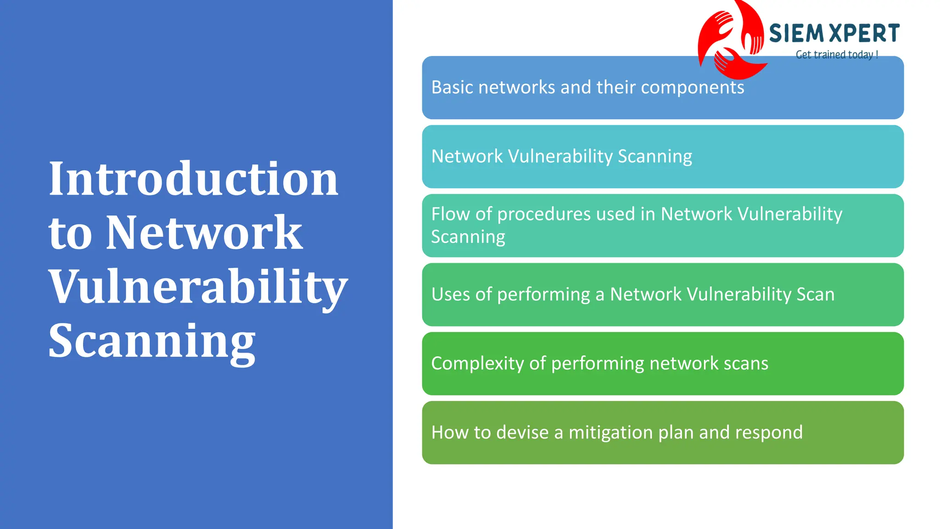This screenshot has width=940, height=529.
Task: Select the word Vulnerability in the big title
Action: point(198,287)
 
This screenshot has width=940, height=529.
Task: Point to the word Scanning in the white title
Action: point(152,341)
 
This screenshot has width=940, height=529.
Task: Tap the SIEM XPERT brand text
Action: point(834,34)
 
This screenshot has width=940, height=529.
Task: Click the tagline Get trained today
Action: point(836,55)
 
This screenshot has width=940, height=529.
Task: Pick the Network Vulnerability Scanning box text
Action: point(561,157)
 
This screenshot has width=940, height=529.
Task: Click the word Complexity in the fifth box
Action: point(477,364)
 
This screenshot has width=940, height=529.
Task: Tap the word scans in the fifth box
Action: point(746,364)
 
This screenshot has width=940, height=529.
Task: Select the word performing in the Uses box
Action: point(543,295)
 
